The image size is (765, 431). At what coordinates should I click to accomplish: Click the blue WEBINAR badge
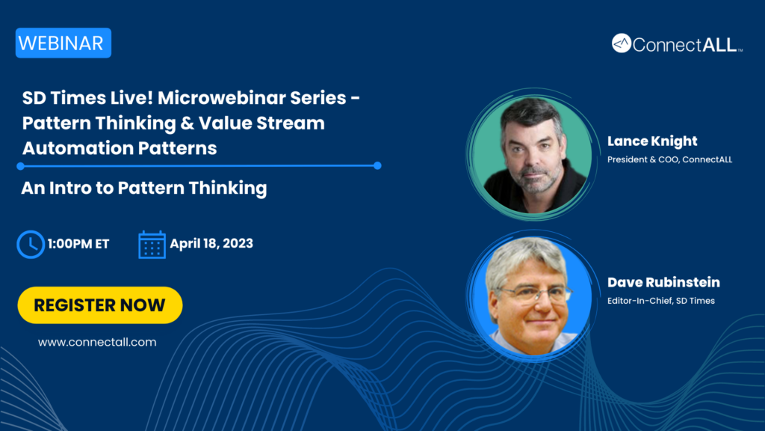64,43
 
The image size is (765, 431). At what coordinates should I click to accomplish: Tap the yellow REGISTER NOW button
100,305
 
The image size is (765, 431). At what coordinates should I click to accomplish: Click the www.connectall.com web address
97,342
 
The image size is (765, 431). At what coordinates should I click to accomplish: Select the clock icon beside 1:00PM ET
31,244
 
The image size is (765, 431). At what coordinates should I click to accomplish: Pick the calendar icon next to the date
152,245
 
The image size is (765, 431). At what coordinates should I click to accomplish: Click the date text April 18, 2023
211,243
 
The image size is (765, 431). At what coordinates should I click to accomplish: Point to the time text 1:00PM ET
78,244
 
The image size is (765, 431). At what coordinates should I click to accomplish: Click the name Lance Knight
651,141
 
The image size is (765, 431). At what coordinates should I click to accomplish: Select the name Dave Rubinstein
663,282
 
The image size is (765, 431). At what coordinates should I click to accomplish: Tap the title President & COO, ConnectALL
669,159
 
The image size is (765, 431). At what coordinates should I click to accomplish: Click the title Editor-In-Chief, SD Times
661,301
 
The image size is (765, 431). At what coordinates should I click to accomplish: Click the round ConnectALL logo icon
622,43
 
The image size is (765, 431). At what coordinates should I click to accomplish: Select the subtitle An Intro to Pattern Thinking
144,188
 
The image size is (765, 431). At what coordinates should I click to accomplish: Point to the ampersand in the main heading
187,123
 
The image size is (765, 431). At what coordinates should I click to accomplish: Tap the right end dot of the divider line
377,165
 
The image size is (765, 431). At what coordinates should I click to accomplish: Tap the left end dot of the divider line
20,166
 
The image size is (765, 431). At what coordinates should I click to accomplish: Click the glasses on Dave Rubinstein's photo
535,293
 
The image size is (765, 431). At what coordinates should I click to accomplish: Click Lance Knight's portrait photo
533,154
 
